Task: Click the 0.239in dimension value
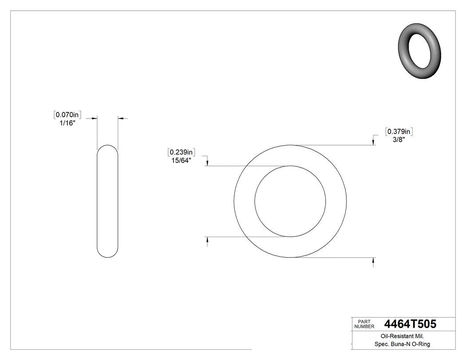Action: pyautogui.click(x=182, y=153)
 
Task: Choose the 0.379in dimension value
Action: pyautogui.click(x=399, y=131)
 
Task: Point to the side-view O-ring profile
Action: pyautogui.click(x=107, y=201)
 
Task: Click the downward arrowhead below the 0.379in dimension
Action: pyautogui.click(x=373, y=142)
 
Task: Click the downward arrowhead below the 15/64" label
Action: pyautogui.click(x=207, y=163)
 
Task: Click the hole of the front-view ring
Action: pyautogui.click(x=290, y=201)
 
